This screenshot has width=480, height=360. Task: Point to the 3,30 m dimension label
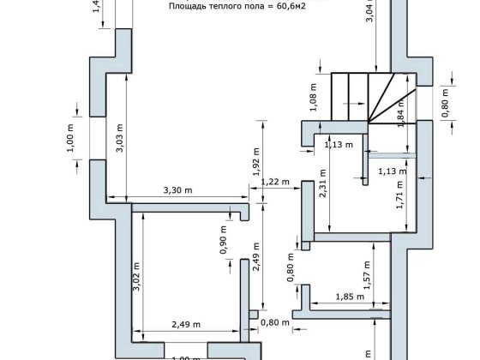point(177,190)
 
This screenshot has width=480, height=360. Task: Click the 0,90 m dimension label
point(224,240)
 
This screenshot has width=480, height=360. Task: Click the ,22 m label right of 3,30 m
point(277,182)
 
